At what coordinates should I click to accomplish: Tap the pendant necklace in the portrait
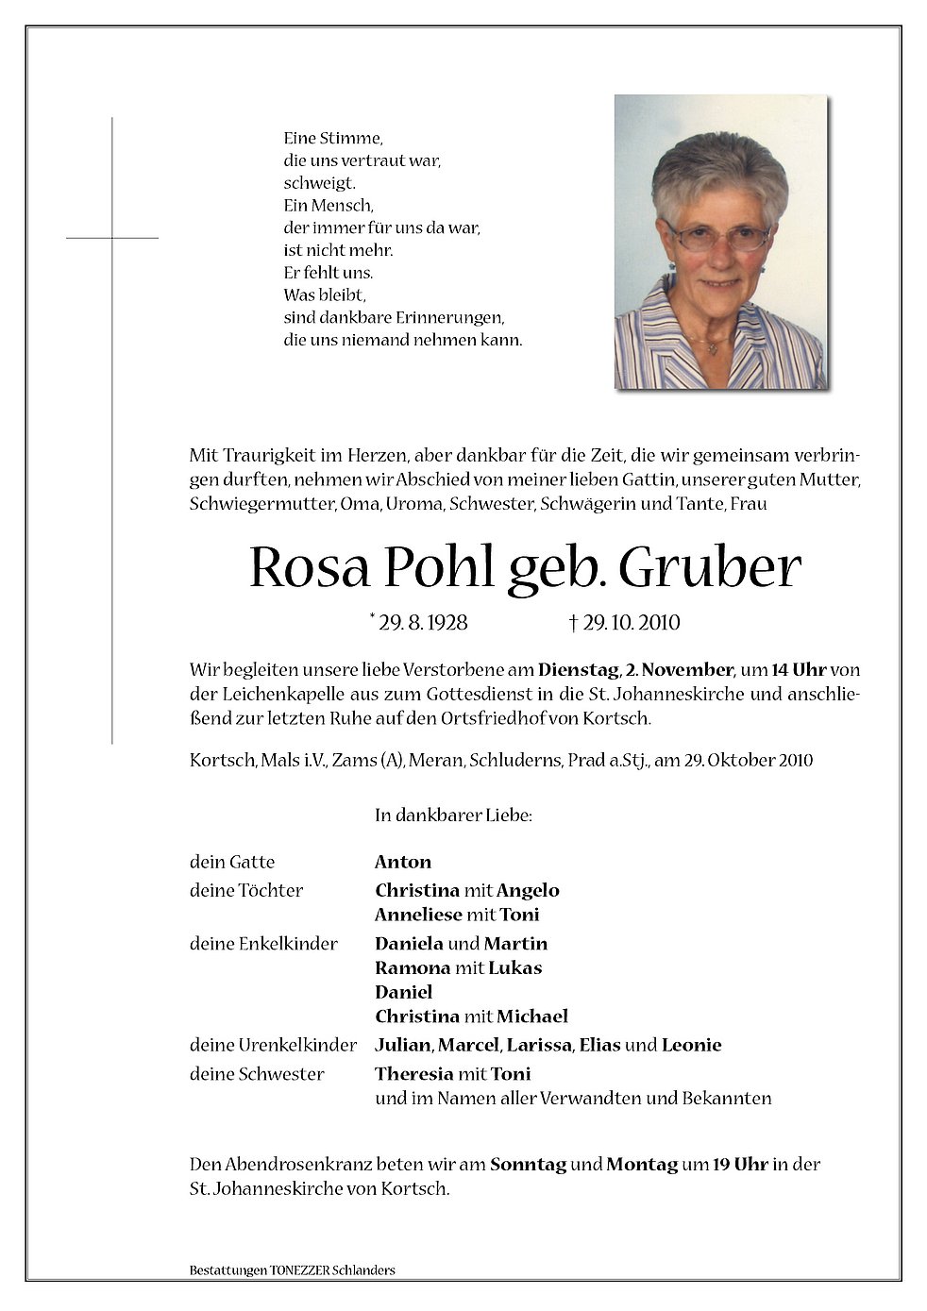pyautogui.click(x=714, y=347)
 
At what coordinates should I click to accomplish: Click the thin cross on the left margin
pyautogui.click(x=112, y=238)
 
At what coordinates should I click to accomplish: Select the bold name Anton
pyautogui.click(x=403, y=862)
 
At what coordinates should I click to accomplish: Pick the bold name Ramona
pyautogui.click(x=412, y=967)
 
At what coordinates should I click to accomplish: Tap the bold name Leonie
pyautogui.click(x=692, y=1045)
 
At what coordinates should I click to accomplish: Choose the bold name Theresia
pyautogui.click(x=413, y=1074)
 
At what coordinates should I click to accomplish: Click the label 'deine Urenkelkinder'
pyautogui.click(x=273, y=1045)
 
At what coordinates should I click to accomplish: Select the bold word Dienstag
pyautogui.click(x=579, y=670)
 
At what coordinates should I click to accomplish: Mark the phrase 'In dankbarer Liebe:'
pyautogui.click(x=453, y=815)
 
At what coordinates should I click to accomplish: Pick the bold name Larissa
pyautogui.click(x=540, y=1045)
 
